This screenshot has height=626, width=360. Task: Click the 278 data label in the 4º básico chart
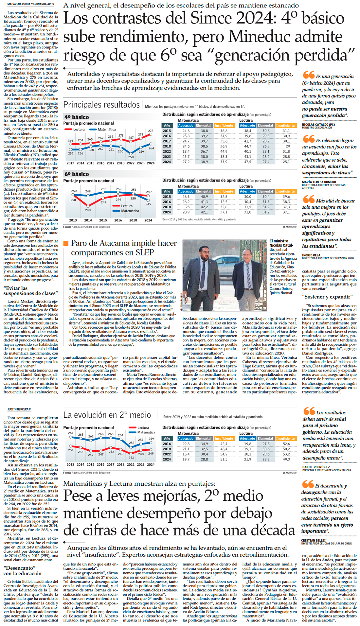(x=151, y=131)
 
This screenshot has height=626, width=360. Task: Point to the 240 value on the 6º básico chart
(x=88, y=210)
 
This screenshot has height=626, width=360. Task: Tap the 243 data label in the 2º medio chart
(x=131, y=458)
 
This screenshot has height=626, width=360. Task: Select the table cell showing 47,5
(x=247, y=162)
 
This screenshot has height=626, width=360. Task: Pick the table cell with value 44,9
(x=224, y=151)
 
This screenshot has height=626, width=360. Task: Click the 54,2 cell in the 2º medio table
(x=224, y=454)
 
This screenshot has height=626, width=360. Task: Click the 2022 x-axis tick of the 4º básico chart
(x=131, y=163)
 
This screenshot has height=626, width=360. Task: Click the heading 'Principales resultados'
(x=101, y=105)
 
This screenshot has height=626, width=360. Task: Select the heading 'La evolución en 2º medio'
(x=107, y=415)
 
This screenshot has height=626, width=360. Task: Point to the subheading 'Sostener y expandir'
(x=327, y=297)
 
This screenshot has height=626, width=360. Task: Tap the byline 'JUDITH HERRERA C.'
(x=19, y=409)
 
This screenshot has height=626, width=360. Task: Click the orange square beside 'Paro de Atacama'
(x=66, y=243)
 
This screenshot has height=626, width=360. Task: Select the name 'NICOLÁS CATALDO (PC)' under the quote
(x=318, y=125)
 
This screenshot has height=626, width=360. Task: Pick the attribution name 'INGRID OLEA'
(x=311, y=255)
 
